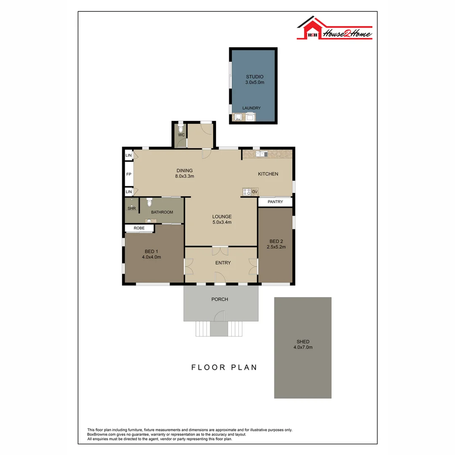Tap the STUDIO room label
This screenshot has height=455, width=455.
tap(254, 77)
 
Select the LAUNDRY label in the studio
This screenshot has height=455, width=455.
tap(252, 108)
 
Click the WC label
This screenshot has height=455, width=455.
tap(181, 135)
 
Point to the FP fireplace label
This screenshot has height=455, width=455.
tap(129, 174)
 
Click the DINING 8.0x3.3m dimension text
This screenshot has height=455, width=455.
tap(185, 177)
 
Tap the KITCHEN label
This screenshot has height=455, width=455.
tap(268, 174)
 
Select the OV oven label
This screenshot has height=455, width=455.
tap(254, 192)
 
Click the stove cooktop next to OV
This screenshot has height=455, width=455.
tap(246, 192)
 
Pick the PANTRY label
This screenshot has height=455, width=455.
tap(275, 202)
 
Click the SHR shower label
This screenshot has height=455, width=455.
tap(131, 209)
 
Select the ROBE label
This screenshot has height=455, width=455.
tap(139, 228)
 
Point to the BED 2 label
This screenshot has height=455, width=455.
tap(276, 241)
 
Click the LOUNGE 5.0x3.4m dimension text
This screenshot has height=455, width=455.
tap(222, 222)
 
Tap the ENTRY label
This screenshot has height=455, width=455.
tap(223, 263)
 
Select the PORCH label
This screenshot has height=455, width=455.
tap(220, 300)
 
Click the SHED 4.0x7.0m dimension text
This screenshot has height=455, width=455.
tap(302, 348)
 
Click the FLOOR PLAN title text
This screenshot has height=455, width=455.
tap(224, 367)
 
